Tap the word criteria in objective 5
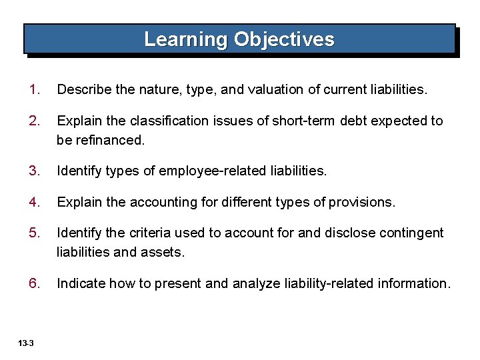(x=149, y=233)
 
